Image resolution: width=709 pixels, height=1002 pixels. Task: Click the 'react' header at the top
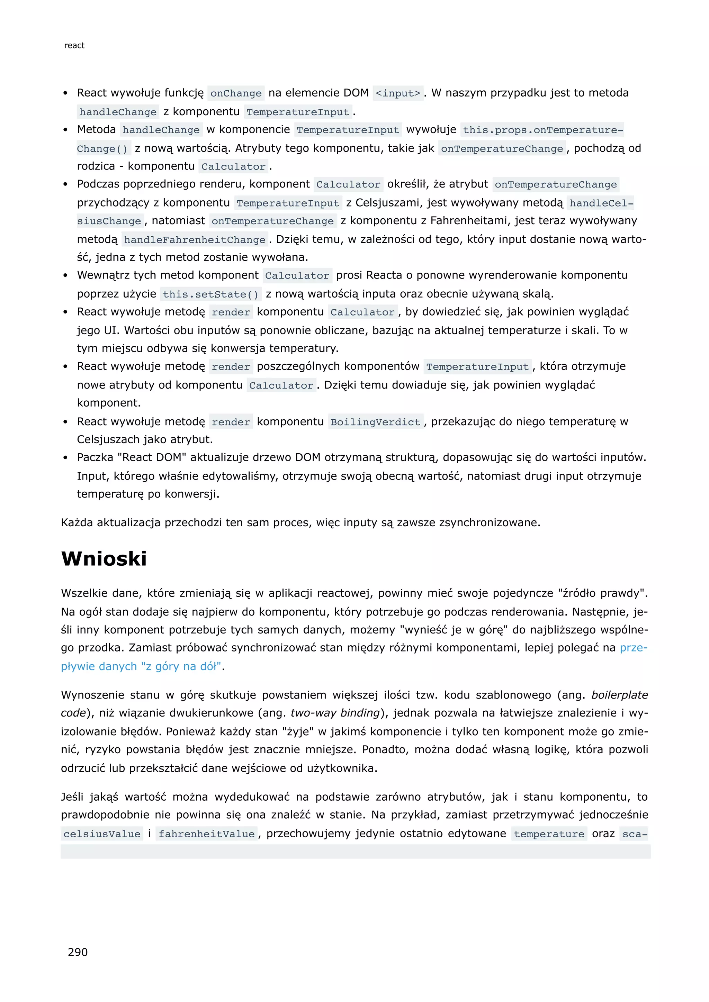[74, 45]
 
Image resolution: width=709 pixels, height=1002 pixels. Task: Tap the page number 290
[78, 952]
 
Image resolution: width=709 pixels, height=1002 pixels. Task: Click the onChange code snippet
[236, 93]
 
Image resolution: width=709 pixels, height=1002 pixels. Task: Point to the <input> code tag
[398, 93]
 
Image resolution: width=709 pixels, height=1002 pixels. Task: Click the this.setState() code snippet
[211, 294]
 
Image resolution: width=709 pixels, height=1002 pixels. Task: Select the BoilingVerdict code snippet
[376, 422]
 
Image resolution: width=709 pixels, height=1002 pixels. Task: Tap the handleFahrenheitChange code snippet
[195, 239]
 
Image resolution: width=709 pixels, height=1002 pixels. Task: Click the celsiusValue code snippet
[102, 834]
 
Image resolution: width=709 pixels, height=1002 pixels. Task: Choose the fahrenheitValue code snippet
[206, 834]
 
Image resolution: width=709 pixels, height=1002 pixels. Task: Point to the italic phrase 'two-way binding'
[335, 713]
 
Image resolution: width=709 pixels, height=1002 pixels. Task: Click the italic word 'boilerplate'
[619, 695]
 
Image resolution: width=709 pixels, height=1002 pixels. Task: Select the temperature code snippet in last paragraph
[549, 834]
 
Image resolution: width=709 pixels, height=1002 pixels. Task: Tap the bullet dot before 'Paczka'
[65, 458]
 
